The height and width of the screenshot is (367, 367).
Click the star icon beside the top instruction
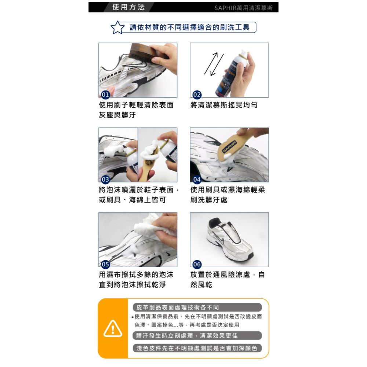click(117, 28)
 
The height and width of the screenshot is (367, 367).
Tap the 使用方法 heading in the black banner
click(128, 7)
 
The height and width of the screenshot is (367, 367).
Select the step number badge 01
click(105, 95)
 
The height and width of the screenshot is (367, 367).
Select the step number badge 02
click(197, 95)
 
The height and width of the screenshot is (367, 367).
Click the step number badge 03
click(105, 179)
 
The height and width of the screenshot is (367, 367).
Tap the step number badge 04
click(197, 179)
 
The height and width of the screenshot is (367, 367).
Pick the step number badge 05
click(105, 264)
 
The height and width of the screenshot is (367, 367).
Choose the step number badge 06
click(197, 264)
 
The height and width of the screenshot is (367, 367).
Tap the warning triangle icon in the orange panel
click(113, 328)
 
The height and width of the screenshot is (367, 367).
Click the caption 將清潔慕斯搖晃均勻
click(224, 105)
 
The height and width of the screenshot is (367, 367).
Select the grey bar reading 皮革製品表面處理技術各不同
click(197, 308)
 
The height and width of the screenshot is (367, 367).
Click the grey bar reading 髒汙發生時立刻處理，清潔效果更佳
click(197, 335)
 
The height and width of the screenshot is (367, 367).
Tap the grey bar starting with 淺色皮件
click(197, 348)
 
